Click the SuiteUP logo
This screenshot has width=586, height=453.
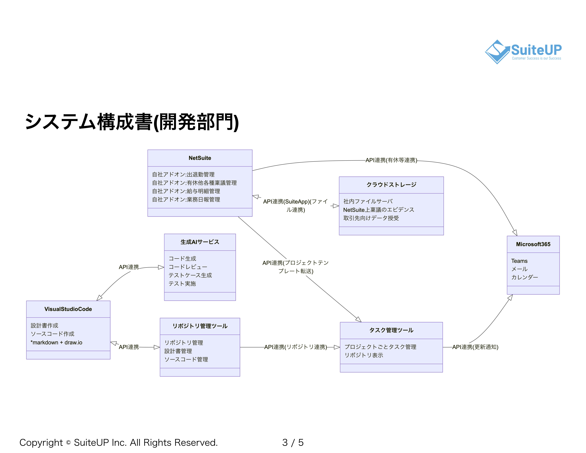point(523,52)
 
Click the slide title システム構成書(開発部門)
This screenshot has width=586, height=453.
point(131,122)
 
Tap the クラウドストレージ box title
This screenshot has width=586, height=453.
point(391,185)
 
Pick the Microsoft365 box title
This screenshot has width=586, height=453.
point(533,244)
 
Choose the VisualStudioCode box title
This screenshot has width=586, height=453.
point(68,309)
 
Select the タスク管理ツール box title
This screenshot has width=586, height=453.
point(391,330)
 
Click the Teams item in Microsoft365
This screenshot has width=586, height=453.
point(519,261)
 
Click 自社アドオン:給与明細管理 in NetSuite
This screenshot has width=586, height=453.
point(186,191)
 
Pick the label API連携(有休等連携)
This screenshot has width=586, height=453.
point(391,160)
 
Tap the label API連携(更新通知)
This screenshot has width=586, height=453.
point(475,347)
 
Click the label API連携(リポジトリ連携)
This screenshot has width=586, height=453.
point(295,347)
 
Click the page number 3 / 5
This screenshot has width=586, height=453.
point(293,443)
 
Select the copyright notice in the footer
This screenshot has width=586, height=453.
point(118,443)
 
